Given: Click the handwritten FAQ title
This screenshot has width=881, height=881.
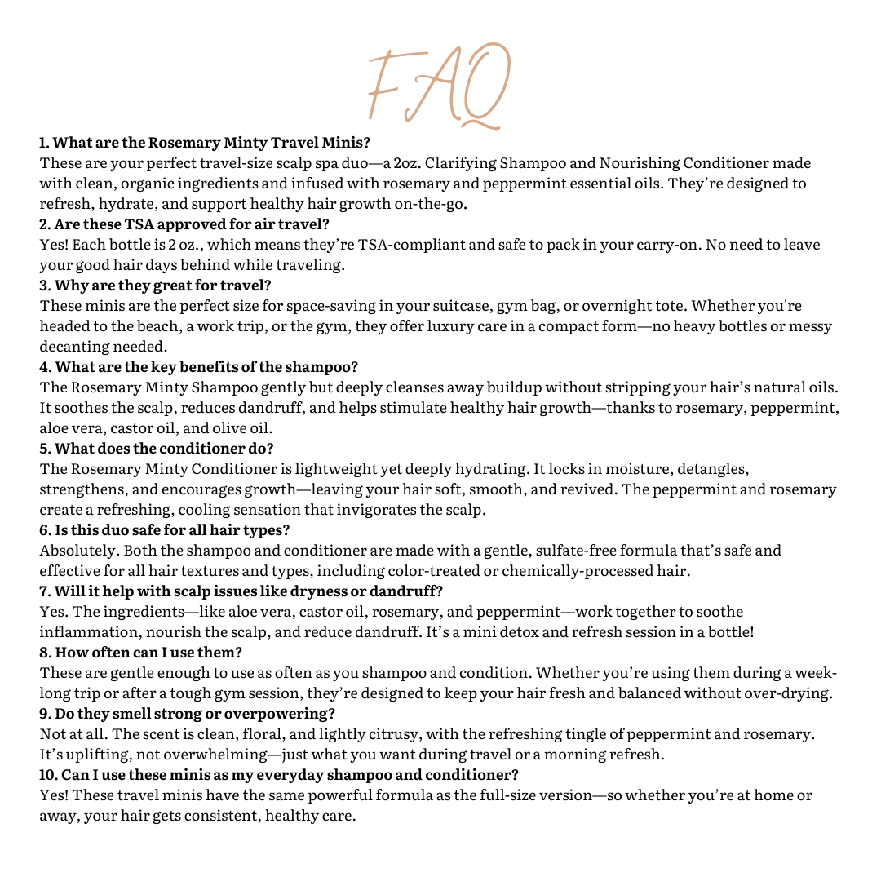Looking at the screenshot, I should click(x=439, y=85).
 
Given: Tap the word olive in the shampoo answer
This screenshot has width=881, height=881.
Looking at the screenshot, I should click(x=231, y=428).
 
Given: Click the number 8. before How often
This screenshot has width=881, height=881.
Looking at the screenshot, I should click(x=46, y=653).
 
